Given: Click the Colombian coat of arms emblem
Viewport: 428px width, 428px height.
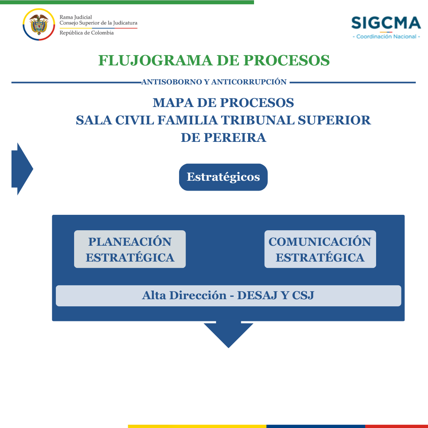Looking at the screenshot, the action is (x=39, y=25).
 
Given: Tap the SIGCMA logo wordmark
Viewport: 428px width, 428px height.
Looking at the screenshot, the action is (x=386, y=23).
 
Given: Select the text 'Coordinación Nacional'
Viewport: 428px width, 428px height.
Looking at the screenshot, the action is (x=386, y=36).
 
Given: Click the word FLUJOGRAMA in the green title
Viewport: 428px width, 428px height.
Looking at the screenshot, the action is (x=155, y=60).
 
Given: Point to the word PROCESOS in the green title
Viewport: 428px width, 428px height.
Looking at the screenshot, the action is (x=287, y=60).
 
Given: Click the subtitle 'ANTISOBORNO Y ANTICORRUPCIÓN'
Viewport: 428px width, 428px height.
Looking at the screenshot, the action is (x=214, y=82).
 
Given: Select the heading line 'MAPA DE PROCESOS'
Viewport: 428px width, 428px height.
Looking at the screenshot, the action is (x=223, y=103).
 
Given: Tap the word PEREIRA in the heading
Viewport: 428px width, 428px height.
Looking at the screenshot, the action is (x=235, y=138).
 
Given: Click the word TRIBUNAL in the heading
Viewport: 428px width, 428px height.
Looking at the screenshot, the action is (x=258, y=120).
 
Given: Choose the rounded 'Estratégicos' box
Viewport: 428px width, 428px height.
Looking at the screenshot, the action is (x=223, y=177).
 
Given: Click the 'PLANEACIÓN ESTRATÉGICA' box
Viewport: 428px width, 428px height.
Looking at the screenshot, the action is (x=130, y=249).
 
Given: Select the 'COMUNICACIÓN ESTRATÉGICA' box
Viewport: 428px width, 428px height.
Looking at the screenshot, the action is (x=320, y=249).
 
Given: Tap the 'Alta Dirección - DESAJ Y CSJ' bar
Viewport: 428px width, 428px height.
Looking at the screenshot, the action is (x=229, y=296).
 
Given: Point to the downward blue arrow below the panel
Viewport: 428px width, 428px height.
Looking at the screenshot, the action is (x=229, y=334).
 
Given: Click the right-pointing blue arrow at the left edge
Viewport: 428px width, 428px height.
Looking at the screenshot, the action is (x=22, y=169).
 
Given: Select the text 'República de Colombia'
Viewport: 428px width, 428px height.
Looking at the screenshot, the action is (x=86, y=33).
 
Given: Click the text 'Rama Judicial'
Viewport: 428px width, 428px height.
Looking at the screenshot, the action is (x=76, y=17).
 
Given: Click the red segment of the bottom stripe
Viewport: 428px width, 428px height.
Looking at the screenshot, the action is (x=396, y=426).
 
